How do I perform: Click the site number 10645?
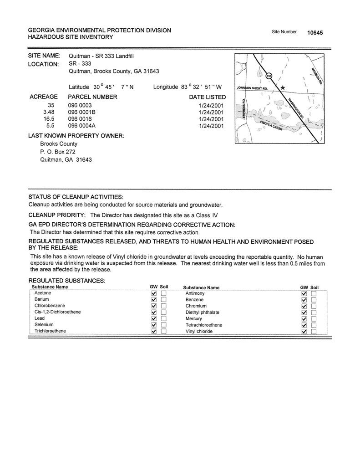315,33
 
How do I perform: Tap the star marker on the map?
283,87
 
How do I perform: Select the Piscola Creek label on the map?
272,126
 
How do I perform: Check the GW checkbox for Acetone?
154,294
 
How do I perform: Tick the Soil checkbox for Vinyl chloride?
314,332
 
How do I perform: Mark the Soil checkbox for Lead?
163,319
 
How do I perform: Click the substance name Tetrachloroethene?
204,325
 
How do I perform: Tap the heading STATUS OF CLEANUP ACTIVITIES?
76,197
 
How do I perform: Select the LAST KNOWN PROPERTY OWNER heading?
76,136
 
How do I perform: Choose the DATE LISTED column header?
207,97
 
